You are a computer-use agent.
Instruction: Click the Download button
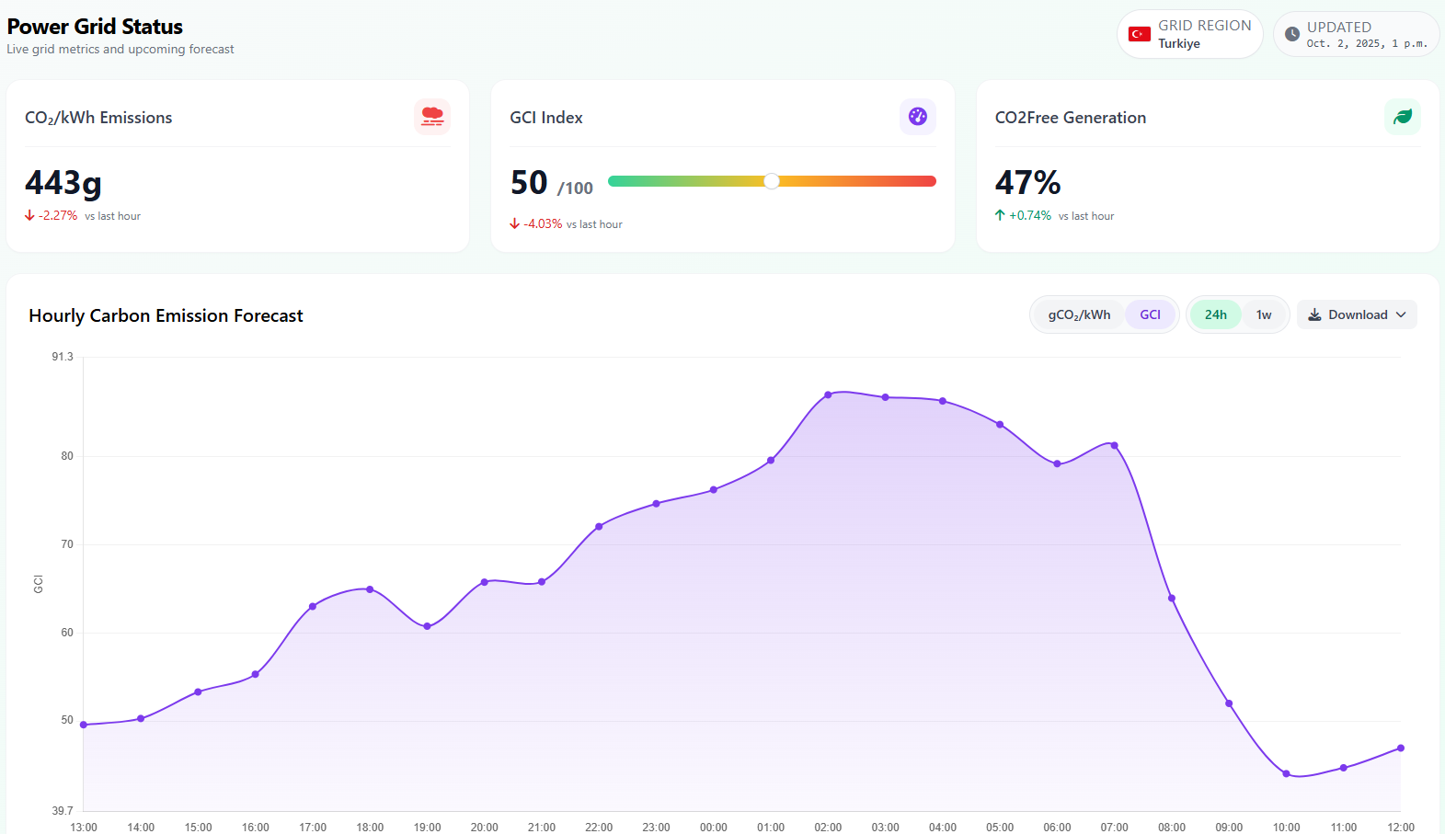[1357, 314]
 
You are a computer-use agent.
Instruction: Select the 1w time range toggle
[1264, 314]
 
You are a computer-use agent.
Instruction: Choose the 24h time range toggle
[1215, 314]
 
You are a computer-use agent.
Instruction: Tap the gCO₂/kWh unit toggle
[1079, 314]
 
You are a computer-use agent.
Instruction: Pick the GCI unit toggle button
[1150, 314]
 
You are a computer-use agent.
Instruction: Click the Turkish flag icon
[1140, 34]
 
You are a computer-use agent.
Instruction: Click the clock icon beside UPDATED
[1292, 34]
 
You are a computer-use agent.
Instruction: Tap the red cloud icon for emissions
[432, 117]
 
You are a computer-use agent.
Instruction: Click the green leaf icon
[1403, 117]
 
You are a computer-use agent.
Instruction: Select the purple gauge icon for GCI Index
[917, 117]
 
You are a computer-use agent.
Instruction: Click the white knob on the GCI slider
[772, 181]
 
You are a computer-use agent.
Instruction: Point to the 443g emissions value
[63, 182]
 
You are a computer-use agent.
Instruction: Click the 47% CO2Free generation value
[1027, 182]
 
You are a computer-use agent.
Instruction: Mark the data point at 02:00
[828, 394]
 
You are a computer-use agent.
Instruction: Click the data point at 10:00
[1286, 773]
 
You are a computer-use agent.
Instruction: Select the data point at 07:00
[1114, 445]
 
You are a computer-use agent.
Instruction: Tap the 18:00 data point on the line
[370, 589]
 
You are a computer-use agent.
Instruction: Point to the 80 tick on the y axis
[67, 456]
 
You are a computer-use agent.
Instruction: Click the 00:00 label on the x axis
[713, 827]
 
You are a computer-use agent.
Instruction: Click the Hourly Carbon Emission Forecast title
[166, 315]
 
